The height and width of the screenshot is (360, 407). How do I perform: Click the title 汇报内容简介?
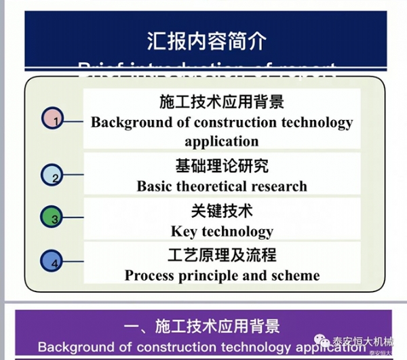coord(206,40)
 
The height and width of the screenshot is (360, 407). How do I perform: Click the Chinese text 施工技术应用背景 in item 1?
coord(222,102)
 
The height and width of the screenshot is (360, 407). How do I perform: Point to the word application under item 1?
coord(222,142)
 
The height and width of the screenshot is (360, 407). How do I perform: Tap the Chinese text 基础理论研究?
coord(222,165)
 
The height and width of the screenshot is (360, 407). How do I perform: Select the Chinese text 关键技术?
coord(222,209)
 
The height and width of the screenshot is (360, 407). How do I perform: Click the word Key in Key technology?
coord(184,231)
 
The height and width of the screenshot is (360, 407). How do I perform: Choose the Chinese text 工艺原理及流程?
coord(222,255)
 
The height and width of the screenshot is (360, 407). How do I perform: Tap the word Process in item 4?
coord(149,276)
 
